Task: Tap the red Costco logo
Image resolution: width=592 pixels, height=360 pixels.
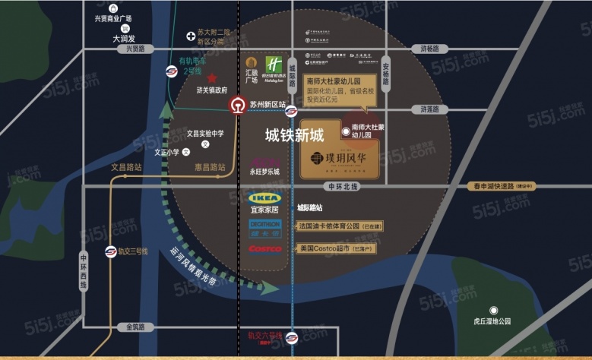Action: (x=264, y=248)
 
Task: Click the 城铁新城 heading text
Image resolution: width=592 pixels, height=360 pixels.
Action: (x=294, y=136)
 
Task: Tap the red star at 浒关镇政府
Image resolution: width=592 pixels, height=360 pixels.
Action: (x=212, y=78)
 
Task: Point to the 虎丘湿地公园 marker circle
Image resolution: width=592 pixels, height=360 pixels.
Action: (x=494, y=310)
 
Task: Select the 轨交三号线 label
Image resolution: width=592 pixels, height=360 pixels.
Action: (x=134, y=249)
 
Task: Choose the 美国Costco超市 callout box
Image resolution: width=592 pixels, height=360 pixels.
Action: (x=334, y=248)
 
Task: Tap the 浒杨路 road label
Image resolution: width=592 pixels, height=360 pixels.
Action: (x=430, y=49)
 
